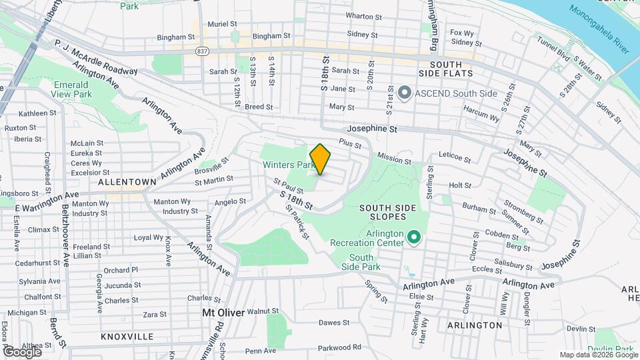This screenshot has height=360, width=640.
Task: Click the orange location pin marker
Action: (321, 159)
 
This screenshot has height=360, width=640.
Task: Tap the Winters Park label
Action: (287, 164)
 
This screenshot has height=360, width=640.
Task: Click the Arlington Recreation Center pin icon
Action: (414, 237)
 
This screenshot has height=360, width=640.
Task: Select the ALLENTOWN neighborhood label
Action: (127, 181)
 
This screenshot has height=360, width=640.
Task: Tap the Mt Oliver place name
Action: (223, 311)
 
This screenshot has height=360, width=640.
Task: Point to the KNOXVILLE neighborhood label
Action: (127, 337)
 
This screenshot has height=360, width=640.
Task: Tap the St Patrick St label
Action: (297, 221)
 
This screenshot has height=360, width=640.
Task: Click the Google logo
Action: (21, 351)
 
